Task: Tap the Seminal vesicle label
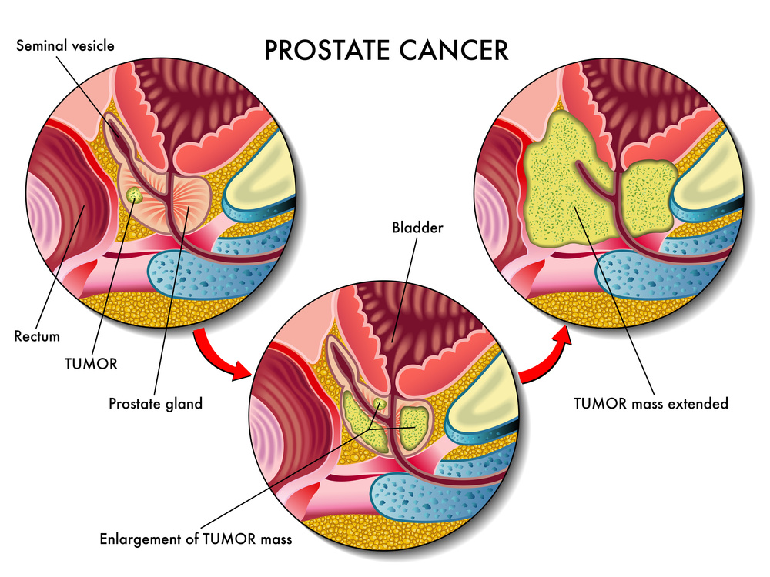pyautogui.click(x=65, y=45)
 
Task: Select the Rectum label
pyautogui.click(x=36, y=336)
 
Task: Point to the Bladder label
pyautogui.click(x=418, y=228)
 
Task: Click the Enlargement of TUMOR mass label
pyautogui.click(x=196, y=539)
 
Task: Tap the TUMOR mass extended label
pyautogui.click(x=651, y=402)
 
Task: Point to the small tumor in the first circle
pyautogui.click(x=136, y=196)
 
